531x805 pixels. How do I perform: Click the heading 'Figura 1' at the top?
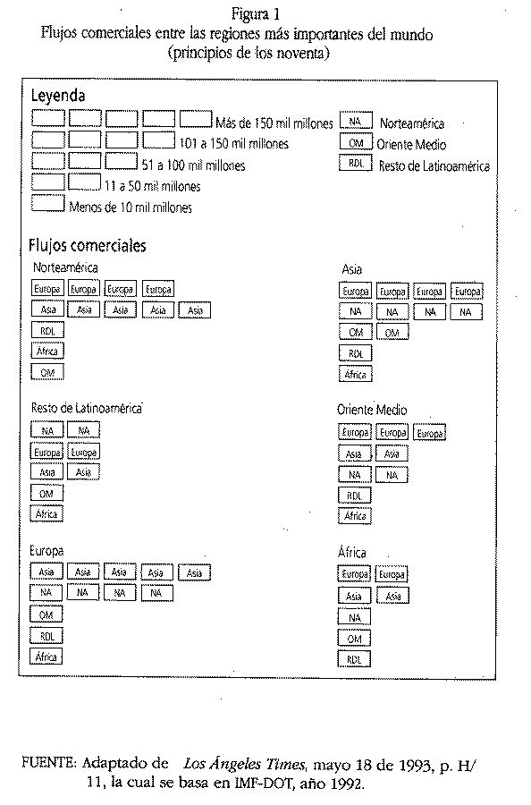pyautogui.click(x=255, y=13)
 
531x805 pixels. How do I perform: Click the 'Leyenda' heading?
pyautogui.click(x=58, y=96)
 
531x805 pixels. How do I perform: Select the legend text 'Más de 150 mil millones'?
pyautogui.click(x=274, y=123)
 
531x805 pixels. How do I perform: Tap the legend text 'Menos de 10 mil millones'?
pyautogui.click(x=131, y=208)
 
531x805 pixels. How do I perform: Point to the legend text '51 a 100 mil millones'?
pyautogui.click(x=193, y=165)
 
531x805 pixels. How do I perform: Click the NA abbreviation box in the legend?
pyautogui.click(x=356, y=121)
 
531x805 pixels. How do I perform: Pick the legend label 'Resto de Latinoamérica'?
pyautogui.click(x=434, y=165)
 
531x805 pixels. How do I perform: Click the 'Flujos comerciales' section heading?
pyautogui.click(x=88, y=246)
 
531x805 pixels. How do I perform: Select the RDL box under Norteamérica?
pyautogui.click(x=47, y=331)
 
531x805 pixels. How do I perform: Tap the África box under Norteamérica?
pyautogui.click(x=47, y=352)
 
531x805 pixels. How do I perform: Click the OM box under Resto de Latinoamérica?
pyautogui.click(x=46, y=494)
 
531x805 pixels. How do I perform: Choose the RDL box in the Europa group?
pyautogui.click(x=46, y=636)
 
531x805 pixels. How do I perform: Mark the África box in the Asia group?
pyautogui.click(x=355, y=374)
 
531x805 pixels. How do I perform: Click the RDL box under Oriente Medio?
pyautogui.click(x=355, y=496)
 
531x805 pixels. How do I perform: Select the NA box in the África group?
pyautogui.click(x=354, y=617)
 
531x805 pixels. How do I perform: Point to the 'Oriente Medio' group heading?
pyautogui.click(x=372, y=411)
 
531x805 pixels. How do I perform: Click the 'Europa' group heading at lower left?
pyautogui.click(x=46, y=551)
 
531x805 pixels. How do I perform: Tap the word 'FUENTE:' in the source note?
pyautogui.click(x=49, y=764)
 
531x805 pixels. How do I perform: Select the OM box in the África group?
pyautogui.click(x=354, y=638)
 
